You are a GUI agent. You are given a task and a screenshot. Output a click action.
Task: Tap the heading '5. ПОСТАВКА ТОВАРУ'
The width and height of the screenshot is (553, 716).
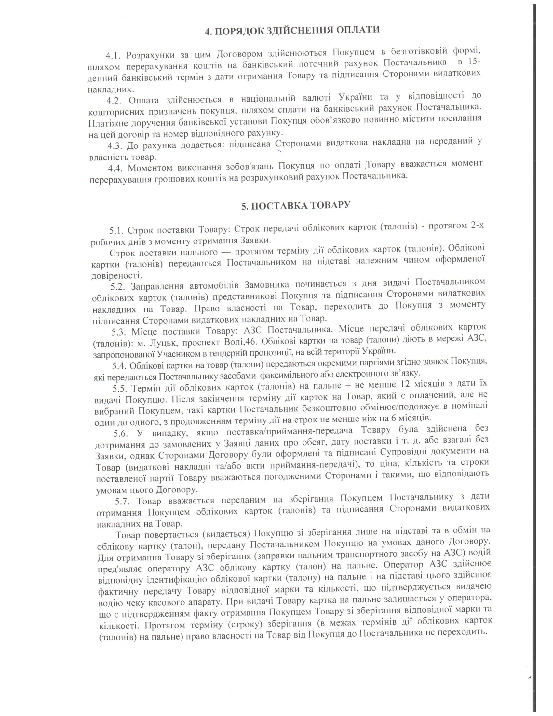pyautogui.click(x=296, y=206)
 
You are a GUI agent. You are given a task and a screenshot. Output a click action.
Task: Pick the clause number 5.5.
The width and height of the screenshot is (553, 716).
pyautogui.click(x=120, y=389)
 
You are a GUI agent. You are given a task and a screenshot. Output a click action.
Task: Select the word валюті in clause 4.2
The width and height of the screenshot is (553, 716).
pyautogui.click(x=312, y=98)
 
